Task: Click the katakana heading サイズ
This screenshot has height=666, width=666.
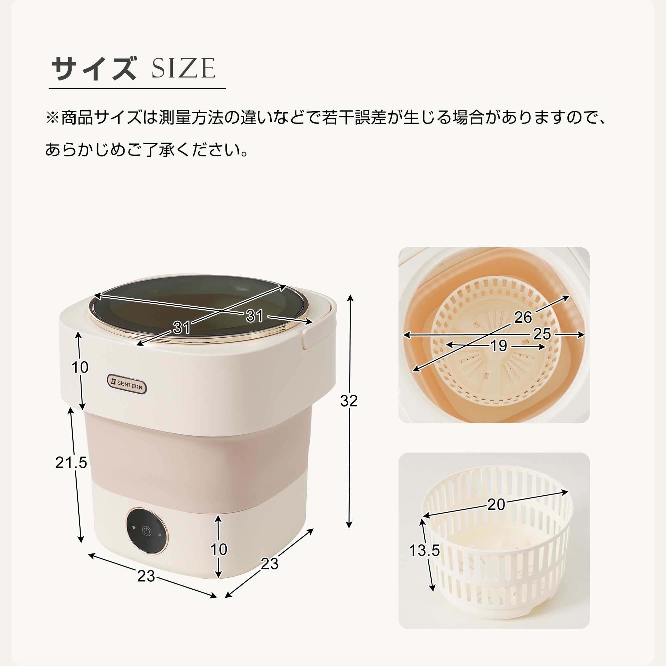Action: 94,68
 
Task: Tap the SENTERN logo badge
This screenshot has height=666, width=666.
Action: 127,384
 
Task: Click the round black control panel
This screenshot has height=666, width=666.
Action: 147,531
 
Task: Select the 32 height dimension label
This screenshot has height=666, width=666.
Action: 349,401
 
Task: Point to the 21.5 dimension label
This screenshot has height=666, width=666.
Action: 71,463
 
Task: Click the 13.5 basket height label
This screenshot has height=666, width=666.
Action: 424,550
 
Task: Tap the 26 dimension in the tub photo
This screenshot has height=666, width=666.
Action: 523,317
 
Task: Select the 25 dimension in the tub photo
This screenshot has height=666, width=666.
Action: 542,334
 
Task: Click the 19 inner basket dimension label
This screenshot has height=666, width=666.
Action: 499,346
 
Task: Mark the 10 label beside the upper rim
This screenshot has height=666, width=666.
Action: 80,368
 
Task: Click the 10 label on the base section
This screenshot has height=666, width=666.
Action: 219,549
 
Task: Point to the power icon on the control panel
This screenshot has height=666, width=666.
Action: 147,531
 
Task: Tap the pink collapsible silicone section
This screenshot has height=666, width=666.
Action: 196,462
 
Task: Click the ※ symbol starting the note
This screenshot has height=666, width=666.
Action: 52,118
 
